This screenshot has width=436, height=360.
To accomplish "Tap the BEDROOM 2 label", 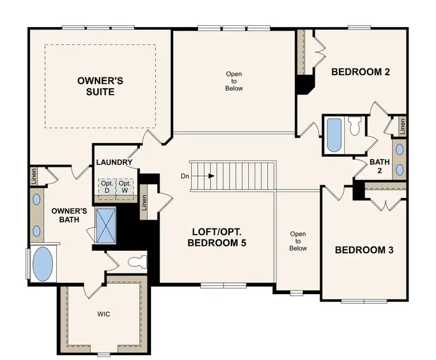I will pos(361,72).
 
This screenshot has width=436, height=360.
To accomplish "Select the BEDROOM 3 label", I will pos(364,250).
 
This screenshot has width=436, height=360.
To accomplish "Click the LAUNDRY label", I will pos(113,162).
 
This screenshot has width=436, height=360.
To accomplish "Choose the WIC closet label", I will pos(103,314).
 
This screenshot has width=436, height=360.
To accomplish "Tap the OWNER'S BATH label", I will pos(69,215).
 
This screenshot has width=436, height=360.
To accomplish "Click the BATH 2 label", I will pos(380,166).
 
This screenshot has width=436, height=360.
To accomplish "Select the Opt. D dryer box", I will pos(107,187).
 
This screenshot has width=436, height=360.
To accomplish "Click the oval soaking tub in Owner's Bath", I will pos(43,265).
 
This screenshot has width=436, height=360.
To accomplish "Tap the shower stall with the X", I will pos(105,224).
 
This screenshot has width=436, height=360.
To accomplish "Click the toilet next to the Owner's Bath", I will pos(137,262).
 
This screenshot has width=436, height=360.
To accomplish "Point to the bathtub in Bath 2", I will pos(333,135).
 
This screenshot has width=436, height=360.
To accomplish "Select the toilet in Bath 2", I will pos(355,127).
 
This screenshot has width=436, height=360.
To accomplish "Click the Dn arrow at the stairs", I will pos(203,176).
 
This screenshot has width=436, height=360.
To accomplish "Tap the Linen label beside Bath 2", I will pos(402,127).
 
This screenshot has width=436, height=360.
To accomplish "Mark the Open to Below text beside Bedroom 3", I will pos(298,241).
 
